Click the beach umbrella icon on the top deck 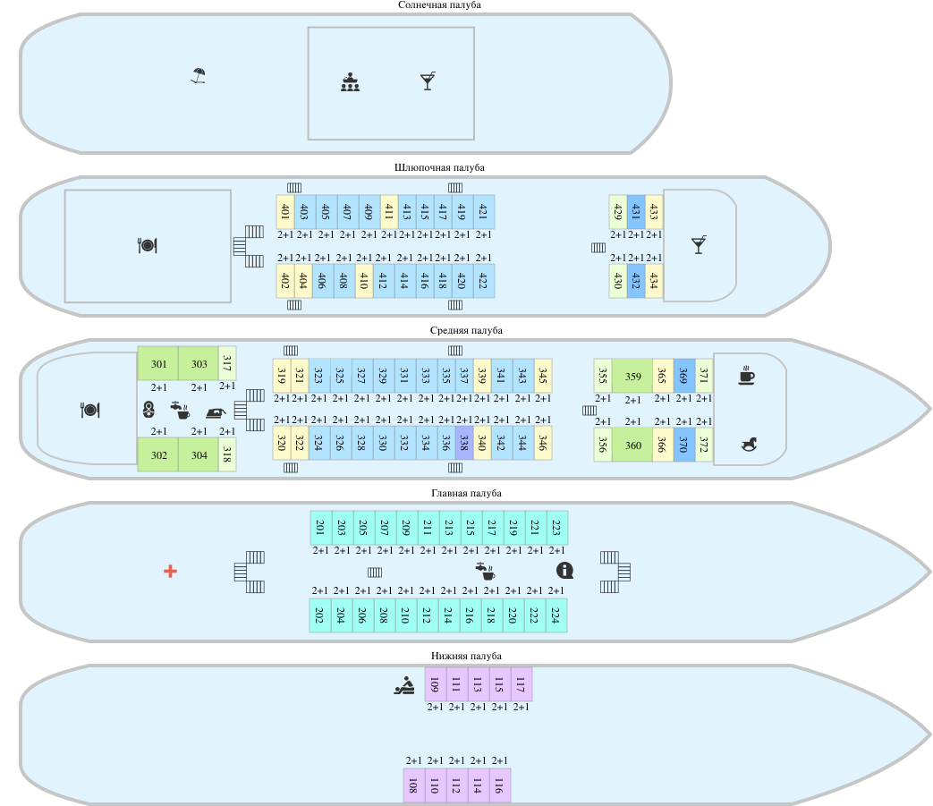point(199,76)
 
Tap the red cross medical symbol point(170,571)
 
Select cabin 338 point(463,443)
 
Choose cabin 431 point(636,212)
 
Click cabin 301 point(158,364)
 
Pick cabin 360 point(632,445)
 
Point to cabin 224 point(556,615)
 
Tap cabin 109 point(435,685)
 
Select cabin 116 point(499,785)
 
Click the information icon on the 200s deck point(564,571)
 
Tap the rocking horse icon point(750,443)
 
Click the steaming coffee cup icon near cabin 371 point(747,376)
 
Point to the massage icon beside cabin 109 point(404,686)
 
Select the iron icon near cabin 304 point(216,412)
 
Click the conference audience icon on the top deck point(350,83)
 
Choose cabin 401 point(285,212)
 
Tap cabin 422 point(483,280)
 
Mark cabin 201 point(320,528)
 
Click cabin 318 point(227,454)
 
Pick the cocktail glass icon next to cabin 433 point(699,244)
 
